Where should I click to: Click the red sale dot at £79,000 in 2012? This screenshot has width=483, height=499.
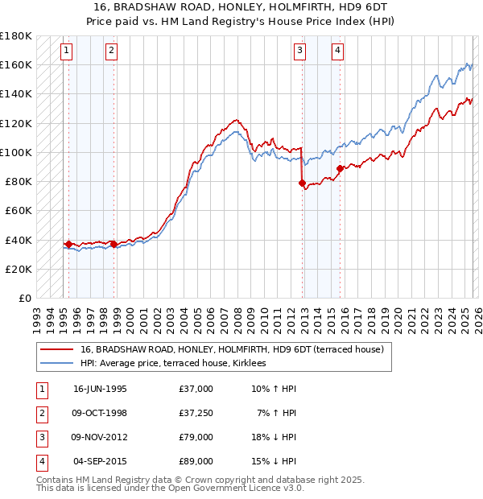(x=303, y=184)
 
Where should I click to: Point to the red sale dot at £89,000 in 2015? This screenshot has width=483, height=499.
(x=340, y=168)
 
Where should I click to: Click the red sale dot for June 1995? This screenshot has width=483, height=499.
(x=68, y=244)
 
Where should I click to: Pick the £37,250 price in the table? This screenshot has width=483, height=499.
(x=196, y=413)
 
